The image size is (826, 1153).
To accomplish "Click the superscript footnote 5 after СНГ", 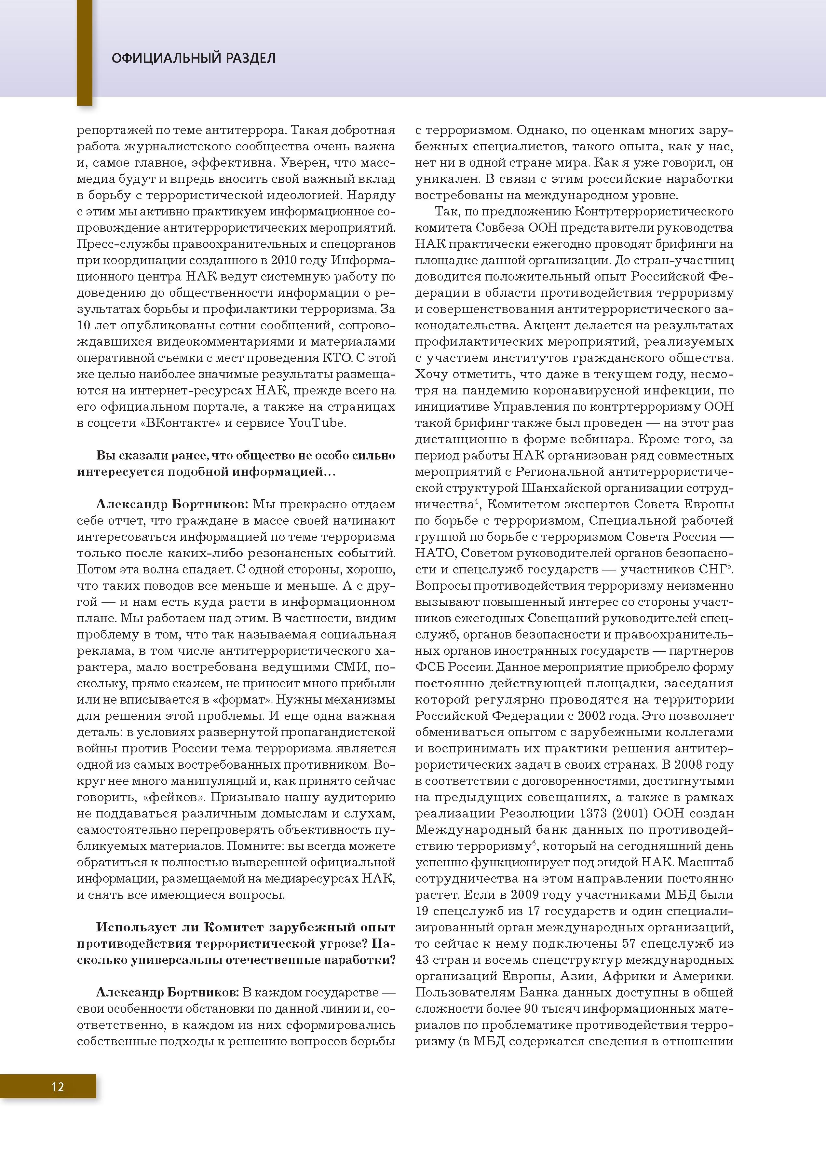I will (x=729, y=566).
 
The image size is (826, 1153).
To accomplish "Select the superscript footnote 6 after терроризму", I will (x=534, y=843).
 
